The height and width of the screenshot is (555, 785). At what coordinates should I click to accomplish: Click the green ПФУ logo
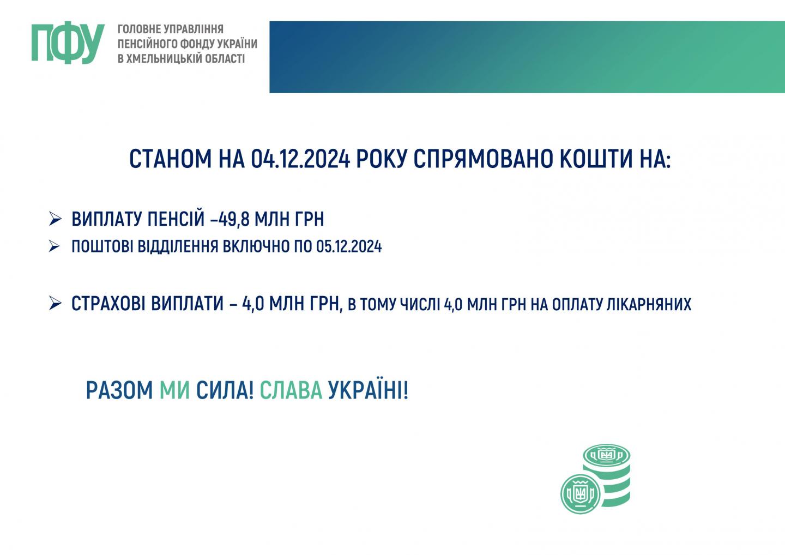68,43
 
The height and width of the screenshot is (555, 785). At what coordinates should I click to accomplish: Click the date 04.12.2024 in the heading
300,159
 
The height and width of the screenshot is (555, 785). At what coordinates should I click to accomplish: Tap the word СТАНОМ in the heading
170,159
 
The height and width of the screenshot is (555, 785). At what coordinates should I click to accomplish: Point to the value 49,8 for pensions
234,219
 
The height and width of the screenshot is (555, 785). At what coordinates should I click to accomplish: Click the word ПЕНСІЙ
176,219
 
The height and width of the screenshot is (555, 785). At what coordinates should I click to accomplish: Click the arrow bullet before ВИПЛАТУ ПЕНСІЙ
56,219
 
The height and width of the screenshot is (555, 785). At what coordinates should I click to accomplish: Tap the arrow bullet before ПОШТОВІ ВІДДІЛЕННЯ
55,246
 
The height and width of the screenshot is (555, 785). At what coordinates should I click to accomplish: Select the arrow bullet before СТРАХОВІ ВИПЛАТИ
56,303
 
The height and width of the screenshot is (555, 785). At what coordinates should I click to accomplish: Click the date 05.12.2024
349,246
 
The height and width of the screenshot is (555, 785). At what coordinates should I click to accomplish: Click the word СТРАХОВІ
108,304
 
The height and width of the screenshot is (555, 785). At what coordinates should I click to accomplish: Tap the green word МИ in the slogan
174,390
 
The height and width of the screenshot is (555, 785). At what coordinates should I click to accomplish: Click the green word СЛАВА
291,390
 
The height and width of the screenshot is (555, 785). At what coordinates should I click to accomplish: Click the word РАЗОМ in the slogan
119,390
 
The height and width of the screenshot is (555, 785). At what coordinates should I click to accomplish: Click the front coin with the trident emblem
581,494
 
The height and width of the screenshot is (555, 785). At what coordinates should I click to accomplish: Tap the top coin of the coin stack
607,455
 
